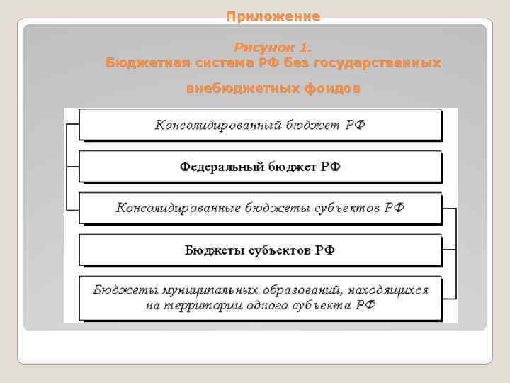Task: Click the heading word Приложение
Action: [273, 16]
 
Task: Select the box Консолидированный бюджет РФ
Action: [261, 125]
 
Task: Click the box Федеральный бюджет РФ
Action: [261, 167]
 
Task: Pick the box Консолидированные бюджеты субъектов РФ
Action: [261, 208]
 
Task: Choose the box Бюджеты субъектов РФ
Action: [261, 250]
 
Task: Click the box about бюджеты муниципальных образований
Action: [261, 298]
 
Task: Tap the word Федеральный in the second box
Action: [222, 167]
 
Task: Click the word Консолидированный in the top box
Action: [218, 125]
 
